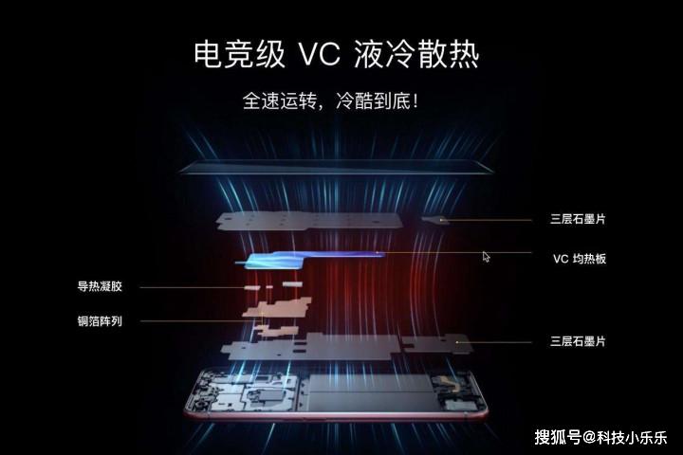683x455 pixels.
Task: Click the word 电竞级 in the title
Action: point(238,54)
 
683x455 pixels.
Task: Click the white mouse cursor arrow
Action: point(487,256)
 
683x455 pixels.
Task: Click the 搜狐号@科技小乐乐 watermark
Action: point(600,437)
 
